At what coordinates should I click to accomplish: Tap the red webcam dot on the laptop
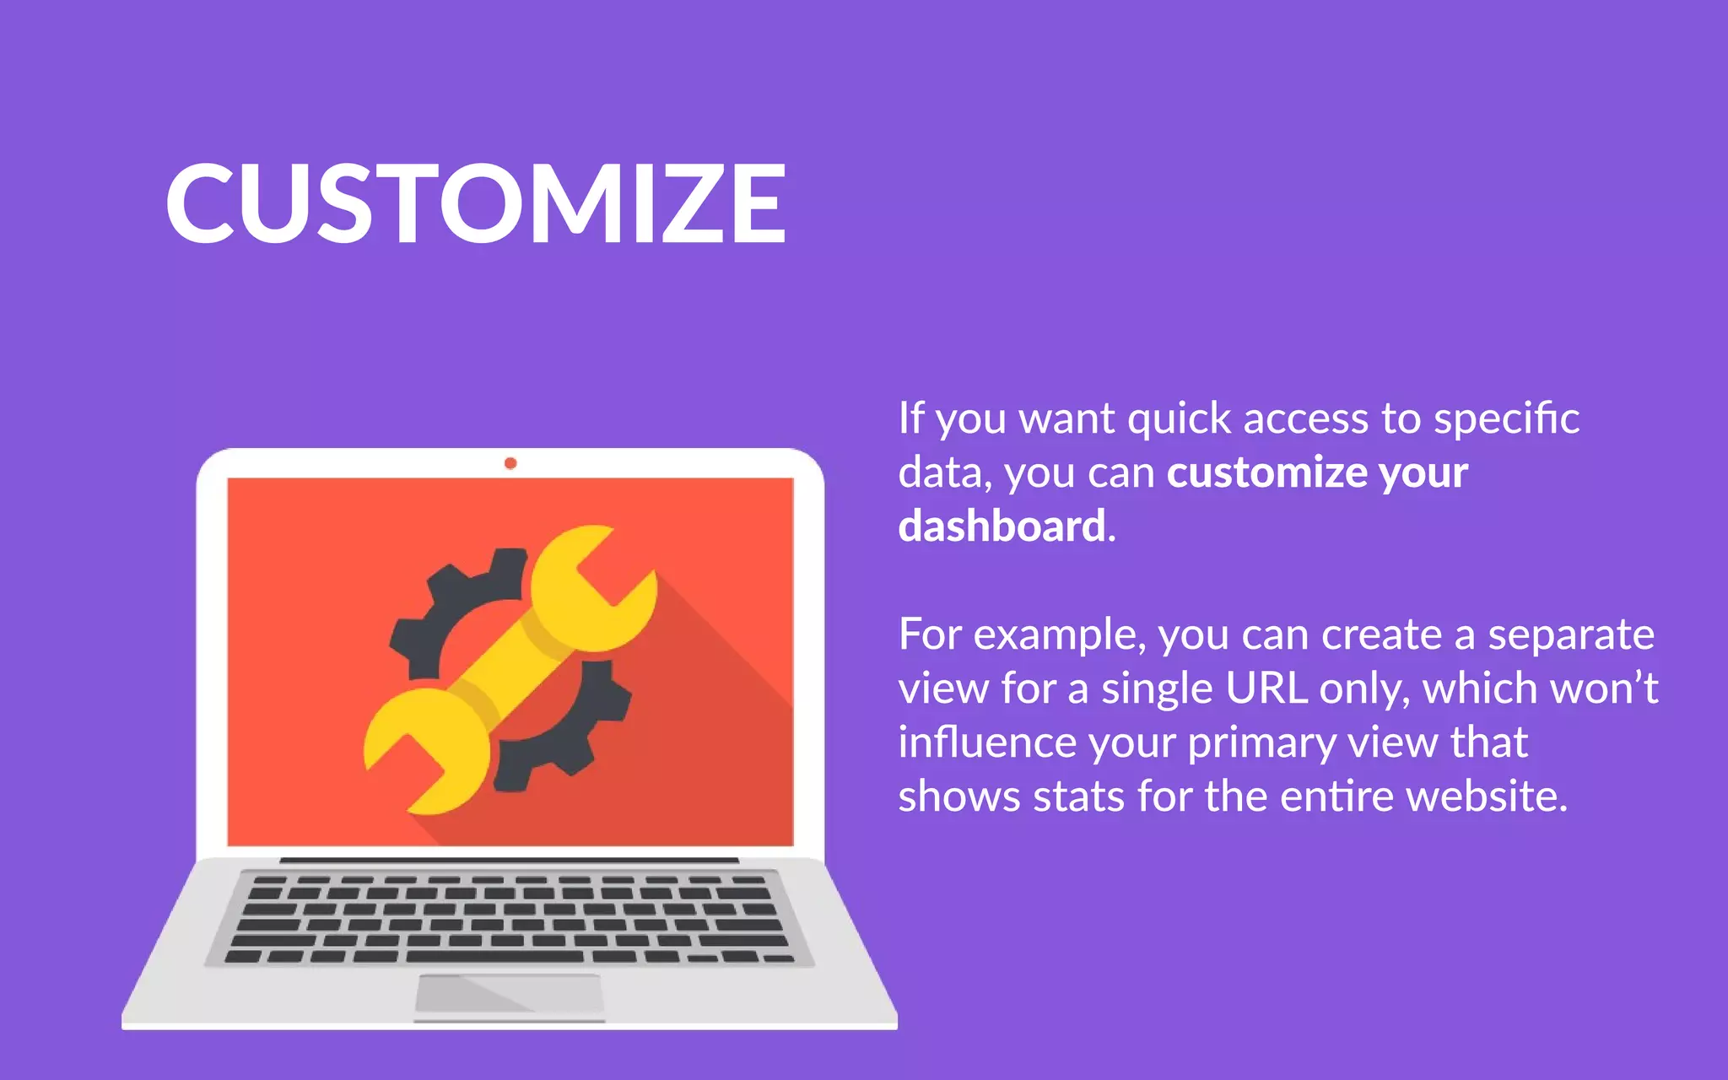coord(510,463)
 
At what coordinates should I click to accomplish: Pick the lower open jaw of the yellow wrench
coord(422,751)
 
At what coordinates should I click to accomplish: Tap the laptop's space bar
coord(494,957)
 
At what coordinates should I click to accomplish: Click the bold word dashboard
coord(1002,526)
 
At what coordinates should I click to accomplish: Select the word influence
coord(985,742)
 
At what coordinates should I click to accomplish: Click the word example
coord(1059,635)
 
